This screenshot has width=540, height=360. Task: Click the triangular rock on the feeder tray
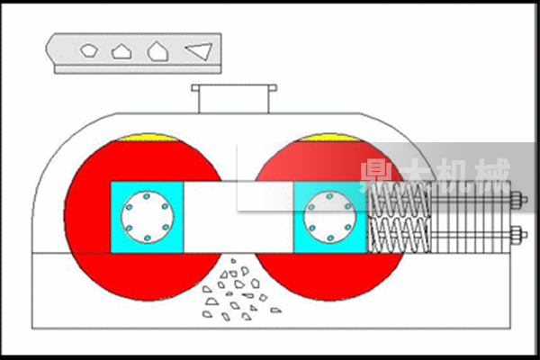[200, 51]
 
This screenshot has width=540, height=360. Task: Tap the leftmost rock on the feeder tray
[89, 50]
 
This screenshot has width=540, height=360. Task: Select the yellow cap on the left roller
[148, 138]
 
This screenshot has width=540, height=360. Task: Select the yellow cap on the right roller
[330, 138]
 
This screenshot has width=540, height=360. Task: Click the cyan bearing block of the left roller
[147, 218]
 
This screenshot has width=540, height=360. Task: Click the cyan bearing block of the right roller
[330, 218]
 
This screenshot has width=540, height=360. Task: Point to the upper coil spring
[400, 199]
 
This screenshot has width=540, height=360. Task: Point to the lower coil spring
[400, 235]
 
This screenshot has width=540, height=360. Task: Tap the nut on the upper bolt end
[517, 200]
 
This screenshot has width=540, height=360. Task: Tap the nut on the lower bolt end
[517, 235]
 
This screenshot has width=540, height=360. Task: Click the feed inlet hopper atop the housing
[234, 98]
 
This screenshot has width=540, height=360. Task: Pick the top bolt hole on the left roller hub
[147, 196]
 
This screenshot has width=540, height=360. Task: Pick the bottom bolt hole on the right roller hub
[330, 238]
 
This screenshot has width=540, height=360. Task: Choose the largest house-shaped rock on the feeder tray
[157, 51]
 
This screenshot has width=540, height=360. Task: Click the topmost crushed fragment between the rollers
[233, 261]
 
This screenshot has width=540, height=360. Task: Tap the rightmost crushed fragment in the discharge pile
[275, 310]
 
